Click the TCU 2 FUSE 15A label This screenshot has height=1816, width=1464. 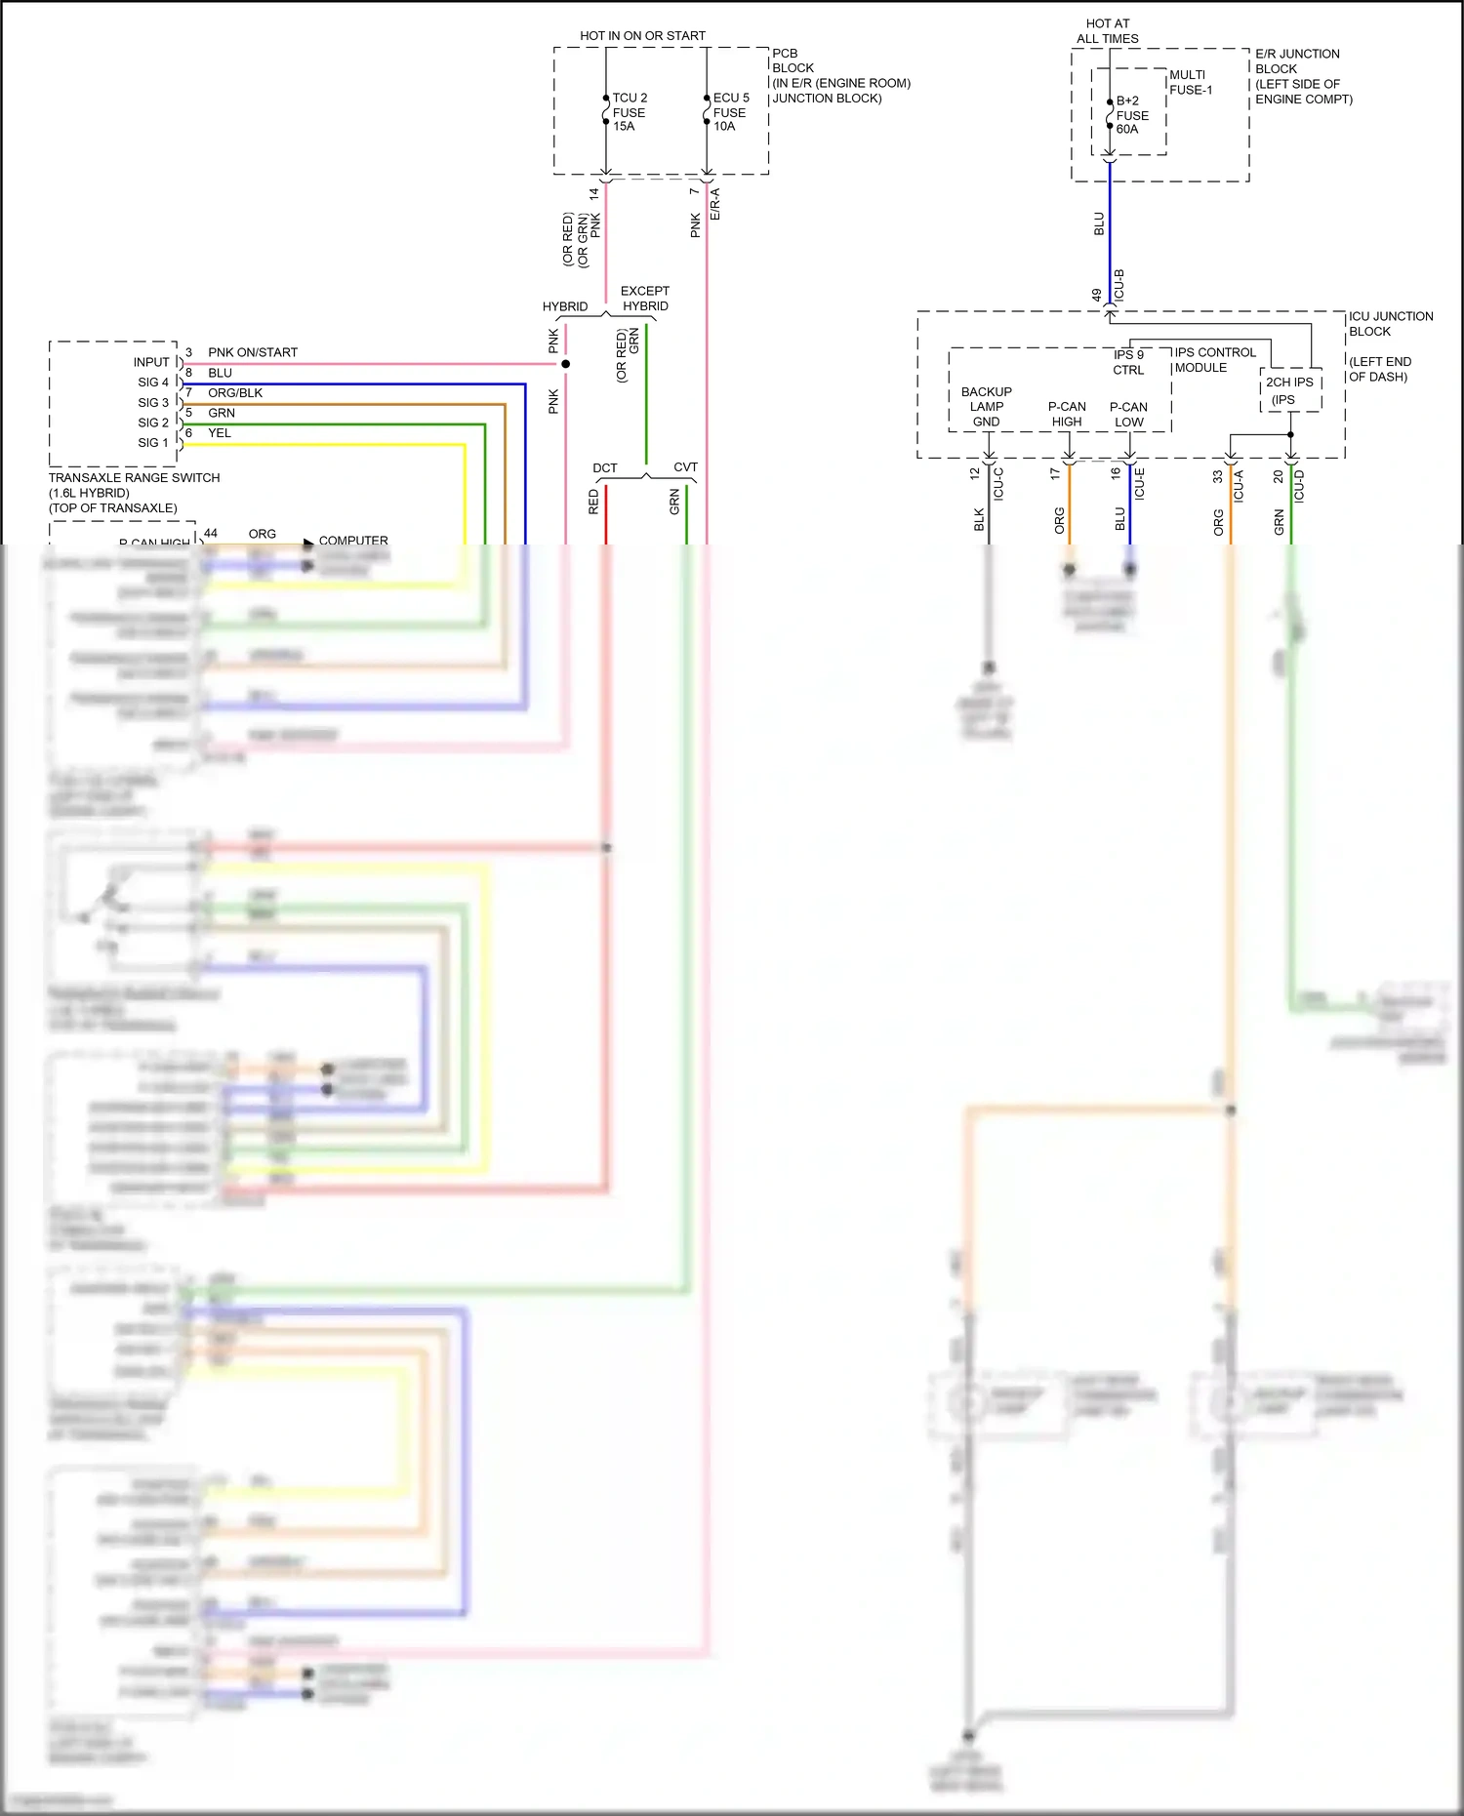tap(629, 112)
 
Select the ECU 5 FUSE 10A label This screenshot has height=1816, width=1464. tap(730, 112)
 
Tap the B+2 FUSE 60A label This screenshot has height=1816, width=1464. tap(1131, 115)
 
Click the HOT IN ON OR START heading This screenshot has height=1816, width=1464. tap(642, 36)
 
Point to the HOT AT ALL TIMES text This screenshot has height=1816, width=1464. tap(1107, 31)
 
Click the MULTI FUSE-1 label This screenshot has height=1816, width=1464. tap(1190, 82)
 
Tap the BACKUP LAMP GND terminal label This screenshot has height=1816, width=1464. tap(986, 407)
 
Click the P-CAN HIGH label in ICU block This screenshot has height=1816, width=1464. tap(1066, 415)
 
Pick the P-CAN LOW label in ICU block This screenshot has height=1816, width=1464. tap(1128, 415)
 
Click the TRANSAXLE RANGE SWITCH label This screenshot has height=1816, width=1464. tap(134, 478)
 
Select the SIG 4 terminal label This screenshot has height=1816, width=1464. tap(152, 383)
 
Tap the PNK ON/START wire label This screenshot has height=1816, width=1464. tap(252, 352)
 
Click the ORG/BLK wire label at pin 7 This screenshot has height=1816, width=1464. tap(234, 393)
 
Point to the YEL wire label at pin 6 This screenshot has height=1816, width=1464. tap(219, 433)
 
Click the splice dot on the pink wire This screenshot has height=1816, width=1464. tap(565, 364)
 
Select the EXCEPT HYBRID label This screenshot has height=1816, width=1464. tap(644, 299)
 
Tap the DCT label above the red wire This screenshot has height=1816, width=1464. tap(604, 468)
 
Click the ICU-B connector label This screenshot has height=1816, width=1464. tap(1119, 285)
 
